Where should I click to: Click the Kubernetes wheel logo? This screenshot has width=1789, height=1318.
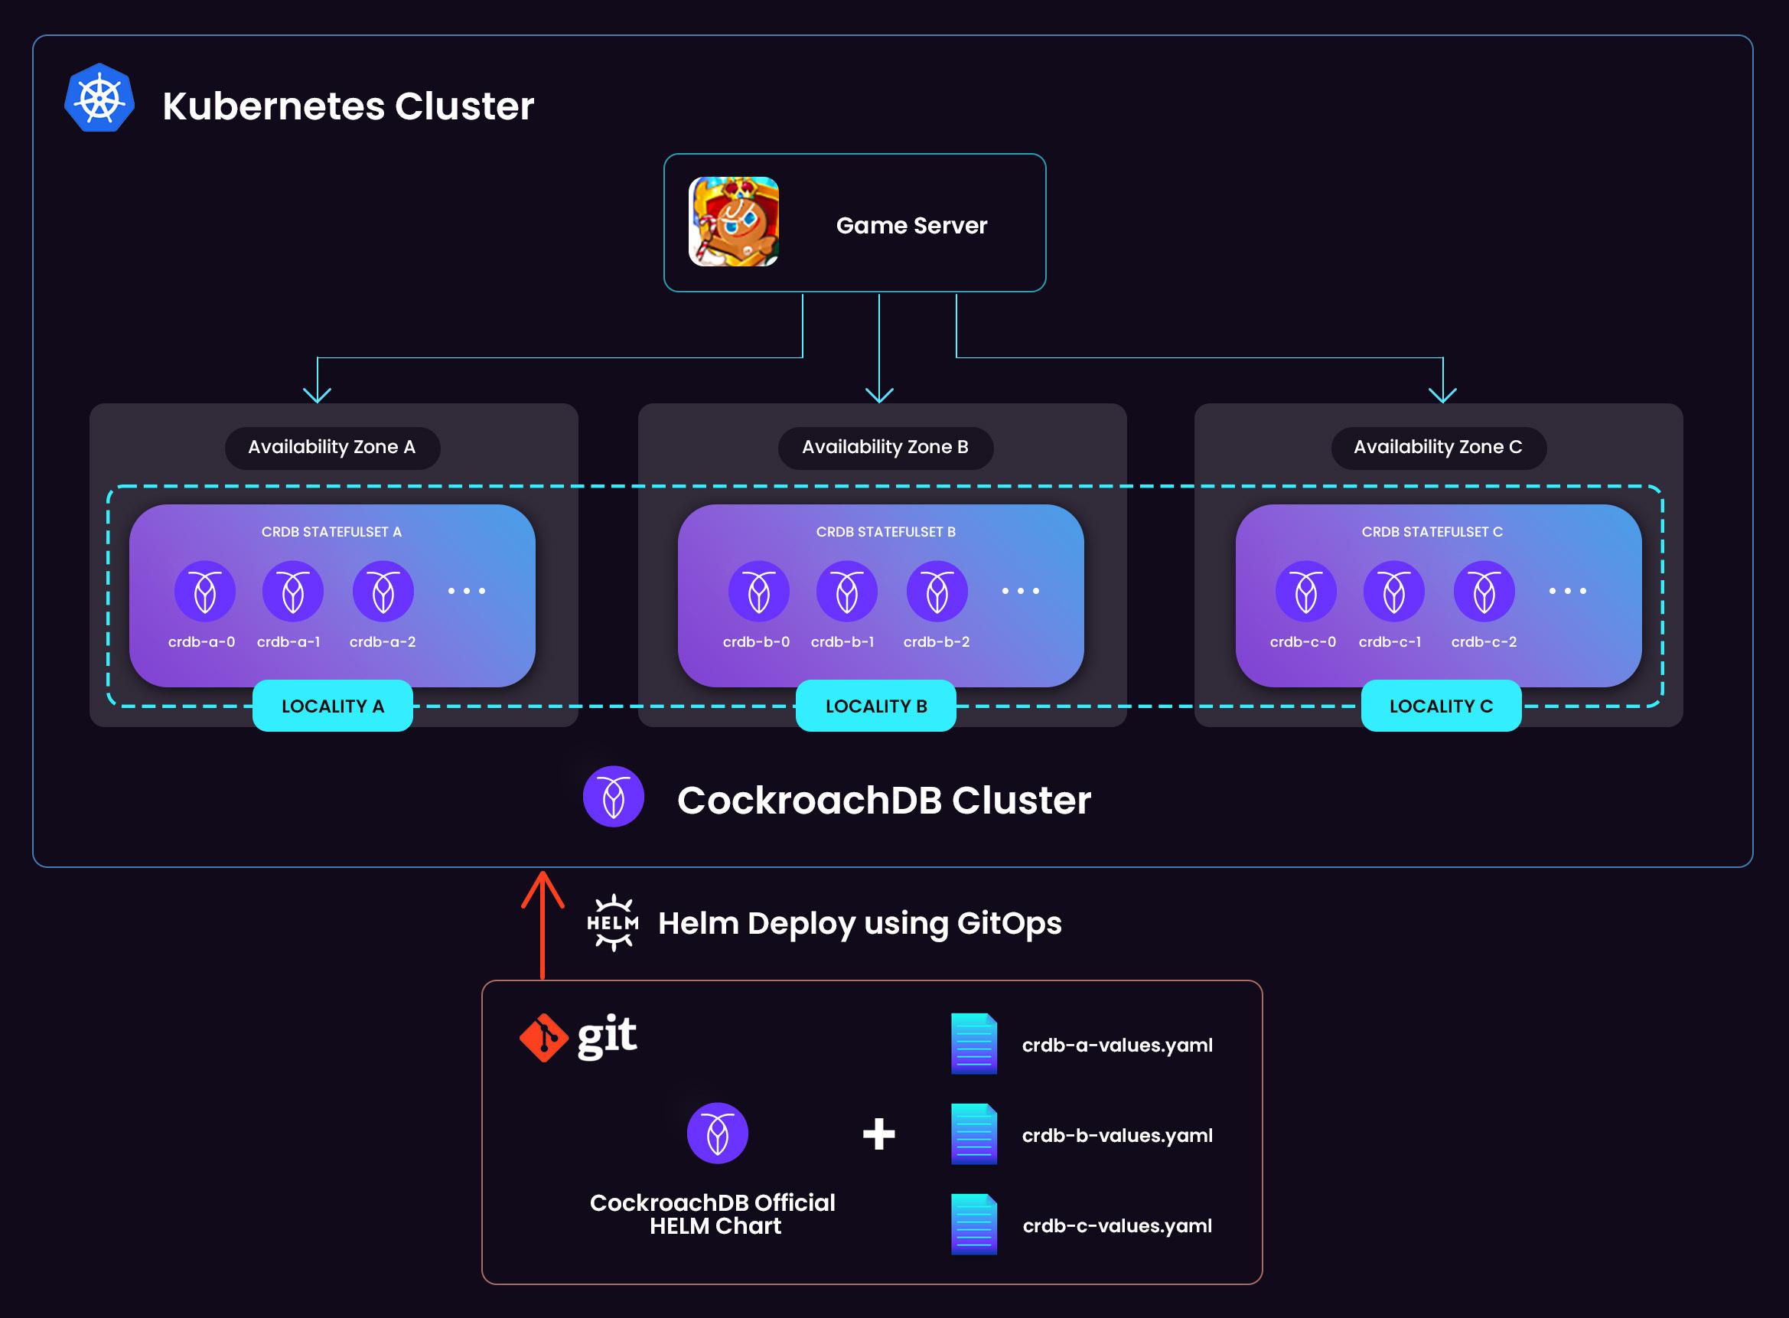click(99, 98)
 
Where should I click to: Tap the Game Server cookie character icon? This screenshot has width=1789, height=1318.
click(733, 222)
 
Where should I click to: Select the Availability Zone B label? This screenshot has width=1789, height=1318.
click(885, 447)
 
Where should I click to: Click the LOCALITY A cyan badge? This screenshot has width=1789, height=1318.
click(333, 706)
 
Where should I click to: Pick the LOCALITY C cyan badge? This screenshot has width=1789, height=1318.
click(1440, 706)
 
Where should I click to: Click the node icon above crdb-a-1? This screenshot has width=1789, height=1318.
click(293, 591)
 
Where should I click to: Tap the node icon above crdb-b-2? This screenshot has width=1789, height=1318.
click(937, 591)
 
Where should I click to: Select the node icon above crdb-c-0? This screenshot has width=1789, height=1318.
click(1305, 591)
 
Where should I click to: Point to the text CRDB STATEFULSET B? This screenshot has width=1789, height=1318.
click(885, 532)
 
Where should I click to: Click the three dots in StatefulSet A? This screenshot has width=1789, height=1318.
click(467, 591)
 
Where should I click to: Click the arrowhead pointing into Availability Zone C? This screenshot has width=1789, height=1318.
click(1442, 394)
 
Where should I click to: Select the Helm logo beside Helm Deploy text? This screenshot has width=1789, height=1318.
click(613, 922)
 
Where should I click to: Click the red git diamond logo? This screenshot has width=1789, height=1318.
click(544, 1037)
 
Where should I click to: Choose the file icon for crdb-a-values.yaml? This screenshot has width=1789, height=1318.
click(974, 1043)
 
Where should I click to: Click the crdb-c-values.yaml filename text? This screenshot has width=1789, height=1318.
click(1116, 1225)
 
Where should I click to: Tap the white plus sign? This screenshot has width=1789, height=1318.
click(879, 1134)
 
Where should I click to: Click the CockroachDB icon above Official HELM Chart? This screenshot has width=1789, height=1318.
click(717, 1134)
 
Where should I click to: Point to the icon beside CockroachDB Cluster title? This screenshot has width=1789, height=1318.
click(614, 796)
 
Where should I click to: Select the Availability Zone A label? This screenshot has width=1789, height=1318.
click(332, 447)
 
